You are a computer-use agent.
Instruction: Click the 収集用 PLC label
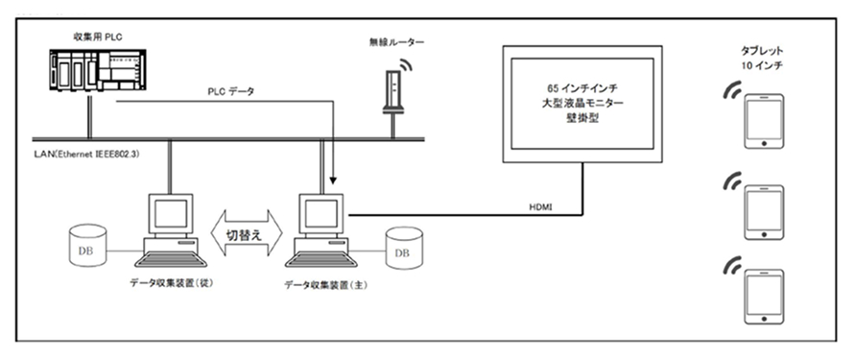coord(98,37)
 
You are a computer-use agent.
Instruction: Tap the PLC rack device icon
coord(98,70)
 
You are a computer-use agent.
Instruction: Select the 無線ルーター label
coord(396,42)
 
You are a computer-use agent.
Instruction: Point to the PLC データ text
coord(231,92)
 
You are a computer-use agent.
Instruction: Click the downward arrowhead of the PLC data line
coord(333,180)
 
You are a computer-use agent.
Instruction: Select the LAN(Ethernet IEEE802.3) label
coord(86,156)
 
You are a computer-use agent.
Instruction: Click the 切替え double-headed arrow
coord(247,234)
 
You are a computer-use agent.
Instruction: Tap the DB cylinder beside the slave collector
coord(87,245)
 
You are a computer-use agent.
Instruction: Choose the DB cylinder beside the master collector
coord(404,248)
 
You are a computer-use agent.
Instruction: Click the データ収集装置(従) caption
coord(171,282)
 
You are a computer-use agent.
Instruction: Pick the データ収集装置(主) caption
coord(326,285)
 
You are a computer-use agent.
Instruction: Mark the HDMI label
coord(540,207)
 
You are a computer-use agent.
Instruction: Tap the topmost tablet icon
coord(764,122)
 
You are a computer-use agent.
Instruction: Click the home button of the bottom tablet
coord(764,319)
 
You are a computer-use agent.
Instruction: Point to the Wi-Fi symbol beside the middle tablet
coord(731,180)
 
